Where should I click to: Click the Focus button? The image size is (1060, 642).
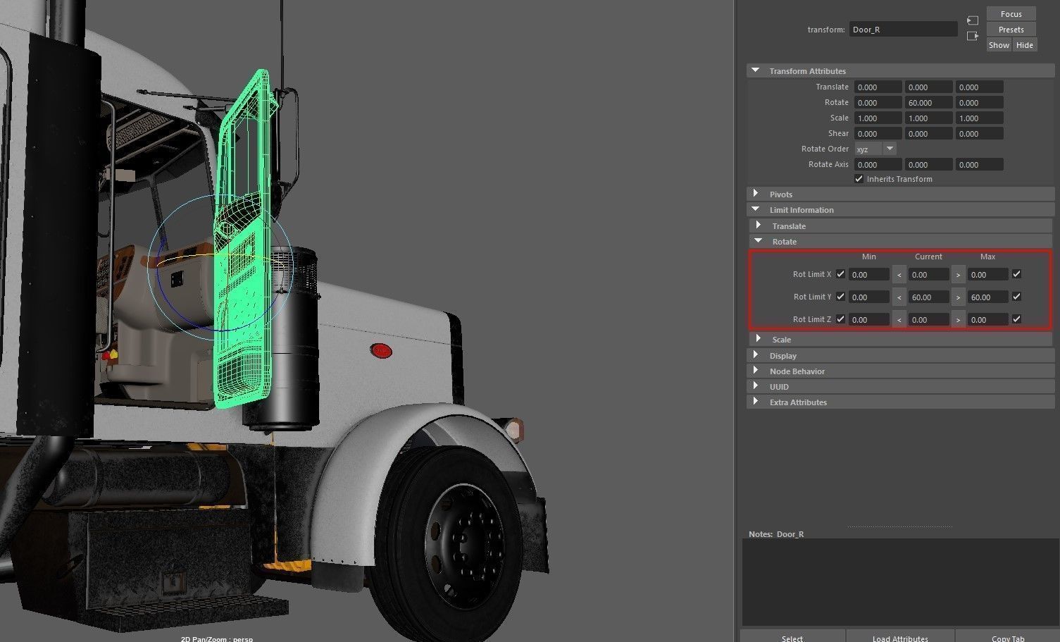pos(1011,14)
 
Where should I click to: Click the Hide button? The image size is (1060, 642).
pos(1024,45)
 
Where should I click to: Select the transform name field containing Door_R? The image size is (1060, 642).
pos(902,30)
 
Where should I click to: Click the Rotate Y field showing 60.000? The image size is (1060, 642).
pos(928,103)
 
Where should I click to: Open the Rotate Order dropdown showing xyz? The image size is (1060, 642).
pos(875,149)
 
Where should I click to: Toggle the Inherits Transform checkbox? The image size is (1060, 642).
pos(859,179)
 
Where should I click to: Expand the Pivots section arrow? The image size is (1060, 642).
pos(756,194)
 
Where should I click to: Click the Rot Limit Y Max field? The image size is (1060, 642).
pos(987,297)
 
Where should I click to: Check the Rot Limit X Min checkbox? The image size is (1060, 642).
pos(840,274)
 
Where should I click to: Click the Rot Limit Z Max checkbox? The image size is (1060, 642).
pos(1016,319)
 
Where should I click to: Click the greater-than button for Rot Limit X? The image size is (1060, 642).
pos(958,275)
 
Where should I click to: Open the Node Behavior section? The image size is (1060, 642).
pos(797,371)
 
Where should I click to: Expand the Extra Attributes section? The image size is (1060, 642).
pos(797,402)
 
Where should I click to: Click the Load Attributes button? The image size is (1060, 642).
pos(899,638)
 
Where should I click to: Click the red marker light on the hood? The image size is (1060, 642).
pos(381,350)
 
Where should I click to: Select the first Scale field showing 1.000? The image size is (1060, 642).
pos(878,118)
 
